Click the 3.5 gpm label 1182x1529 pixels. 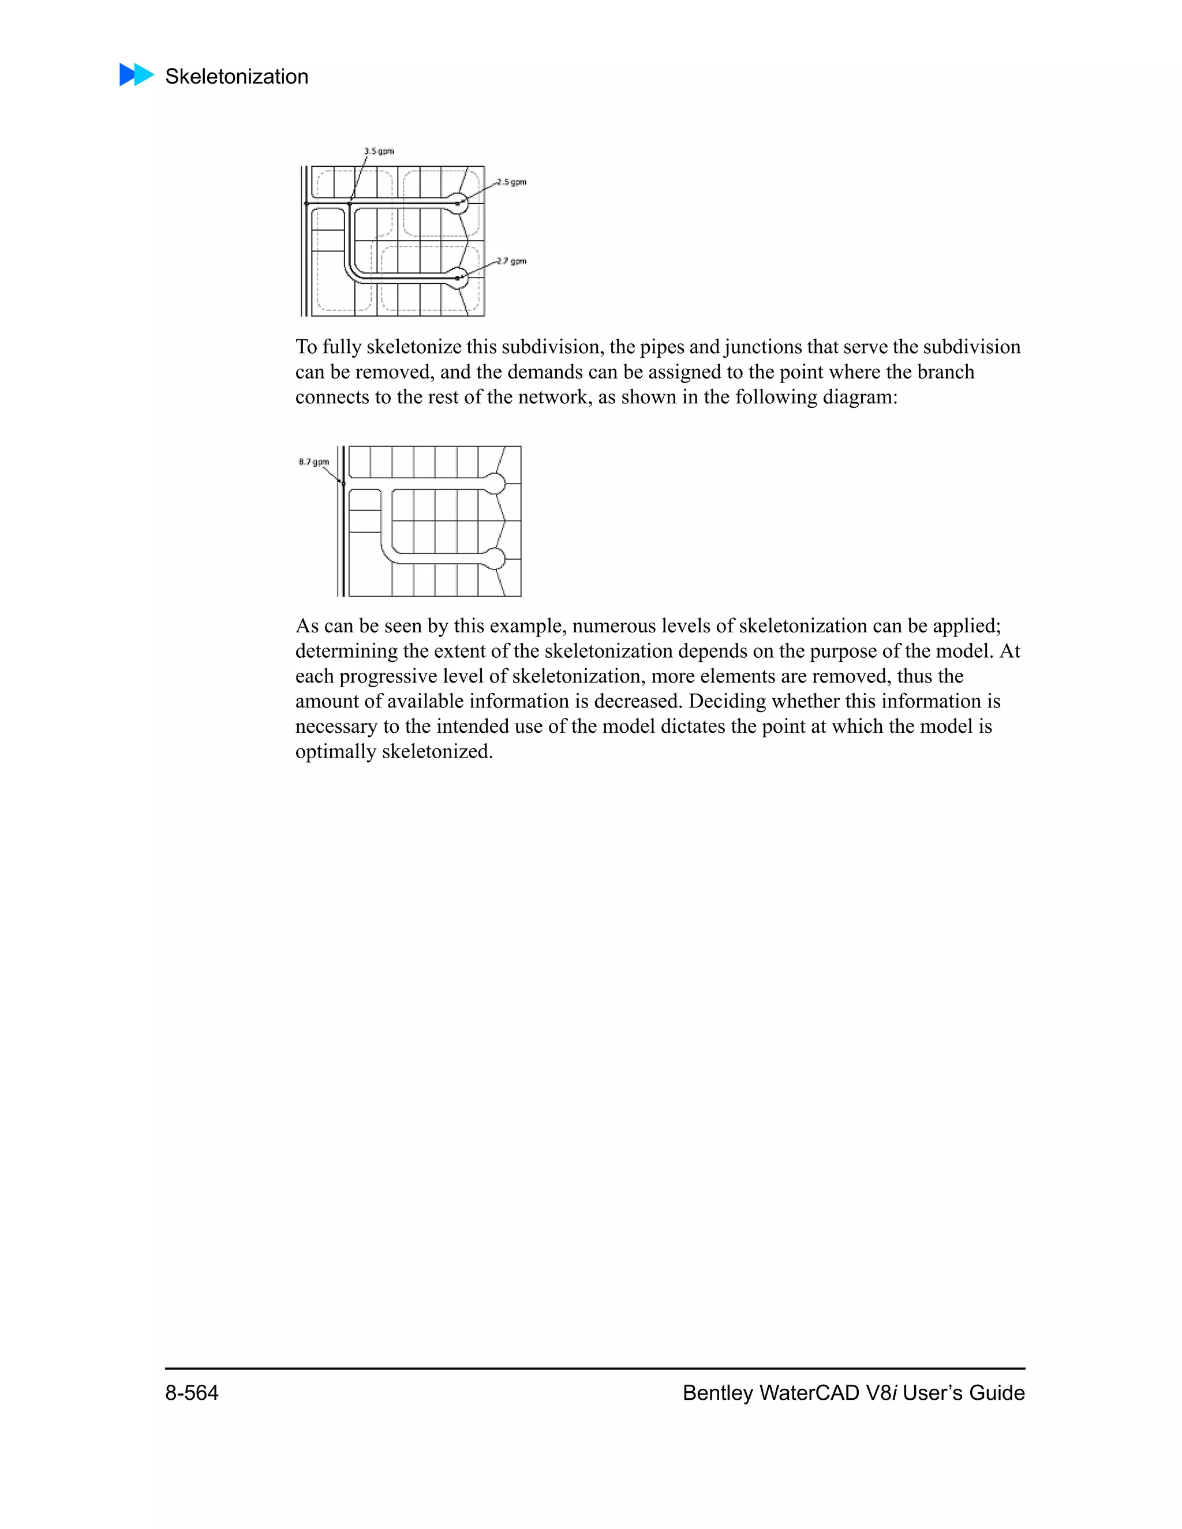coord(379,151)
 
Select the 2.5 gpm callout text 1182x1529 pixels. coord(512,182)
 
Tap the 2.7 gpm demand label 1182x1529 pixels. coord(512,261)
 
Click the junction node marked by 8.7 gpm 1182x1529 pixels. coord(343,483)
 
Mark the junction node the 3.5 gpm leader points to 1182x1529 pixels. coord(350,204)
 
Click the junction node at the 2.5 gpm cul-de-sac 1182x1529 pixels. coord(457,204)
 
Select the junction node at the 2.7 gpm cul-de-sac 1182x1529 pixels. coord(457,278)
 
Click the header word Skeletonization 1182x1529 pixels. coord(237,76)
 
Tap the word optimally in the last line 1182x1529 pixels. coord(335,752)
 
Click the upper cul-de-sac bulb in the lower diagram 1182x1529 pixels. coord(495,483)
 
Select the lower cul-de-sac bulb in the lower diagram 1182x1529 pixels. coord(495,558)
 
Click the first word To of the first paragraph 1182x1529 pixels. coord(306,347)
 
